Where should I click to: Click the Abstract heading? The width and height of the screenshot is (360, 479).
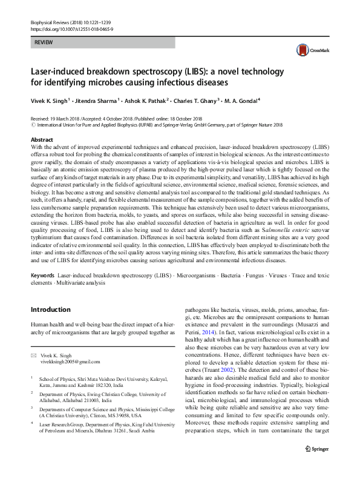click(x=42, y=140)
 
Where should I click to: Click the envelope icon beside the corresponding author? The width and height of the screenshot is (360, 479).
click(x=34, y=355)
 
